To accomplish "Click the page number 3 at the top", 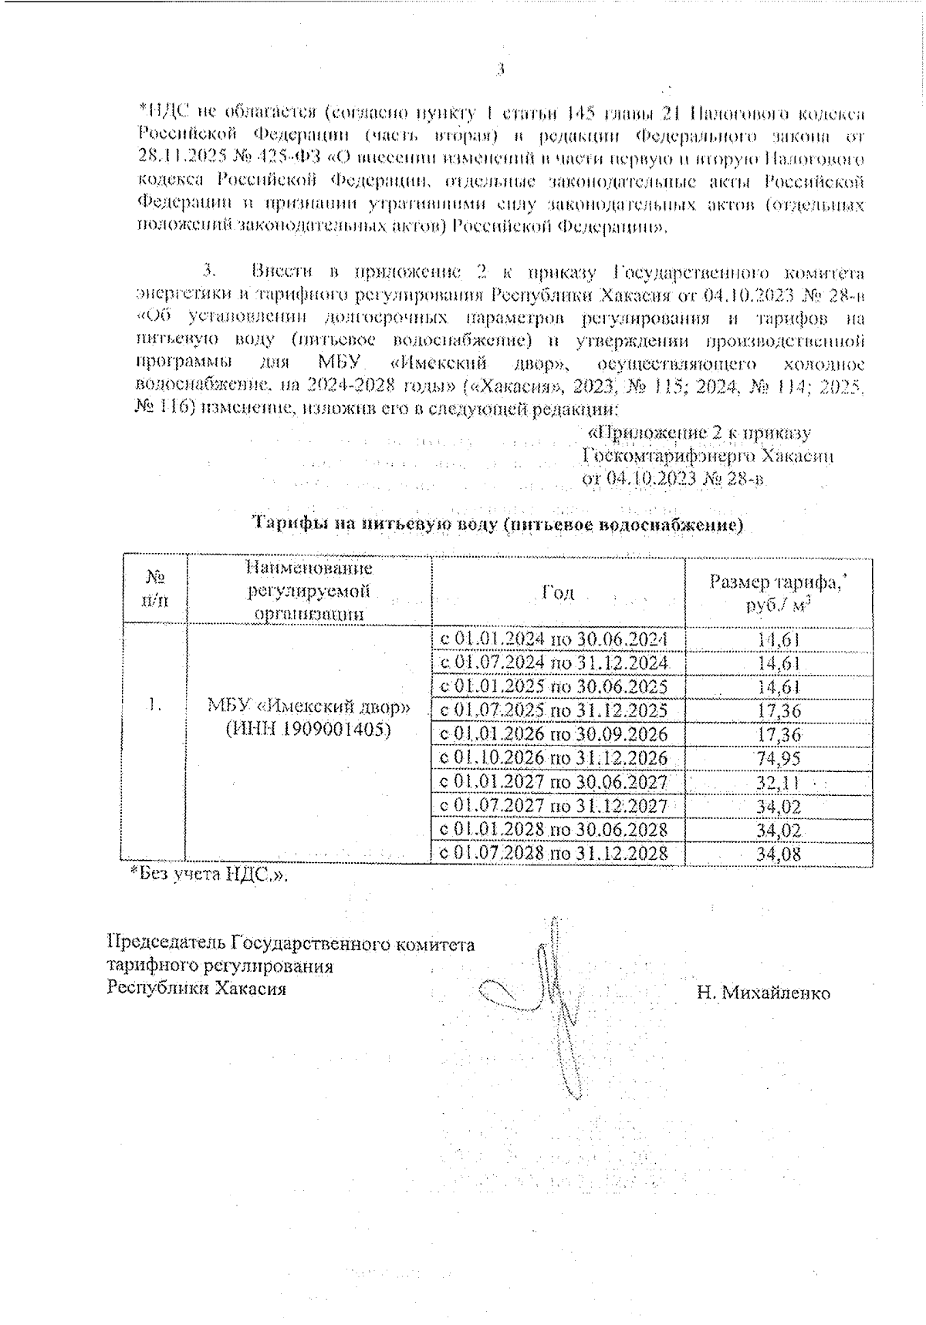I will point(500,69).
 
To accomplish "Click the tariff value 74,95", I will point(779,758).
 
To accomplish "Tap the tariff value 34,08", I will point(779,854).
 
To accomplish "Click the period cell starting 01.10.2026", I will point(553,758).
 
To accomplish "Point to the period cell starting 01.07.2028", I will point(553,854).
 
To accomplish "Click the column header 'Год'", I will point(558,592).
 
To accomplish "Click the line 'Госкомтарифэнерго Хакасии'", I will point(707,456).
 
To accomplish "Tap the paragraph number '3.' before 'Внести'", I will point(211,271).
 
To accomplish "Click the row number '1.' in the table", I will point(155,704).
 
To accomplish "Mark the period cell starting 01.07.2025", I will point(553,710).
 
